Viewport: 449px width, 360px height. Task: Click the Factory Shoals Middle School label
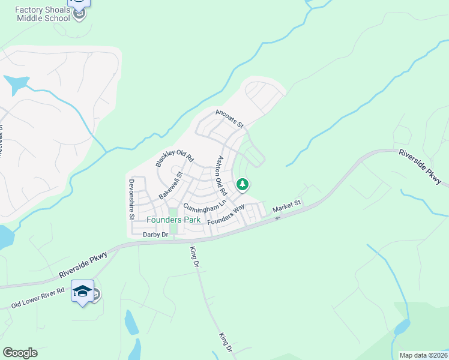[x=43, y=14]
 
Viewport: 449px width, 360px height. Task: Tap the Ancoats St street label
[x=230, y=118]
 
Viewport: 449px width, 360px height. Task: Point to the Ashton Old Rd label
[x=221, y=176]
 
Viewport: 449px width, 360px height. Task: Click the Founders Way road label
[x=226, y=215]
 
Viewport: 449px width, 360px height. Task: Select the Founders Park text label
[x=173, y=220]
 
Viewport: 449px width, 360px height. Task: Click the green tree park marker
[x=243, y=185]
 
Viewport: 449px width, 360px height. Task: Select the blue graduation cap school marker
[x=83, y=292]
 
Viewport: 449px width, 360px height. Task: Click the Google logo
[x=20, y=353]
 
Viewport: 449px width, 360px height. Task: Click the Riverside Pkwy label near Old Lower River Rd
[x=83, y=265]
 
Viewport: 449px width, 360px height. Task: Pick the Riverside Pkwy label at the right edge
[x=420, y=167]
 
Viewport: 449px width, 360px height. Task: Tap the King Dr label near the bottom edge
[x=225, y=341]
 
